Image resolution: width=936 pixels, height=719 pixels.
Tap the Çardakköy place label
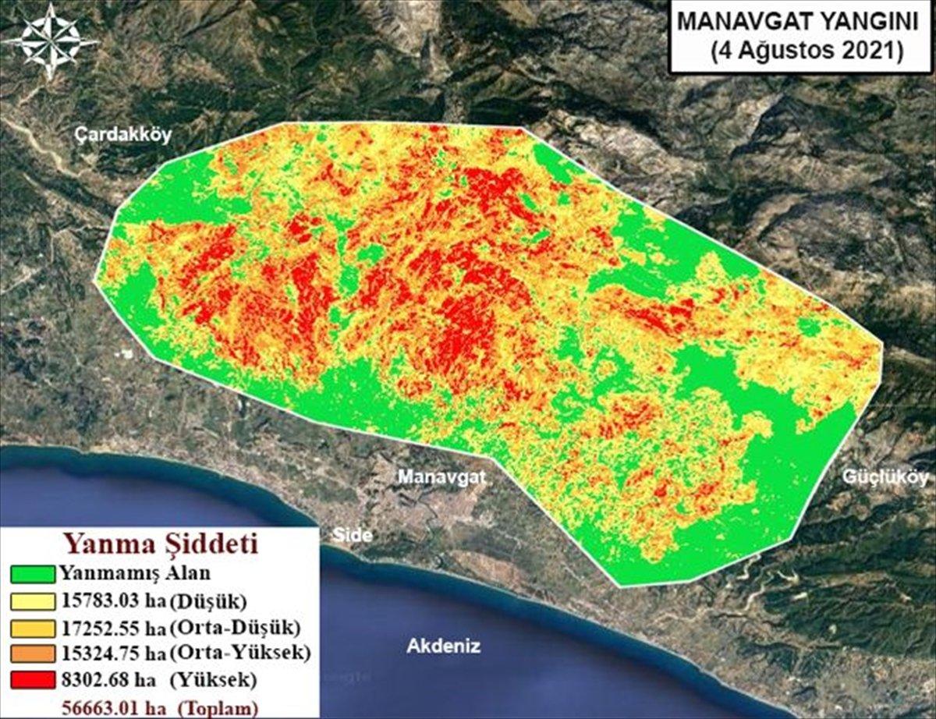tap(122, 136)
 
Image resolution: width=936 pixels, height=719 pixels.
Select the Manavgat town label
tap(442, 476)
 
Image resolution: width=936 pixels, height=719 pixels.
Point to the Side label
tap(353, 535)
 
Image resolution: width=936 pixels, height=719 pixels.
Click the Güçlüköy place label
tap(887, 478)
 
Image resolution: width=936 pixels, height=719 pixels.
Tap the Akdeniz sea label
tap(444, 646)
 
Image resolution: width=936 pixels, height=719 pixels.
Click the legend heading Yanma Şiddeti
tap(161, 542)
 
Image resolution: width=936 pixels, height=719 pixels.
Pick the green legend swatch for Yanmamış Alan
tap(33, 574)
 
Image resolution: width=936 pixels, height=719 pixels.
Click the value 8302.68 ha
tap(107, 680)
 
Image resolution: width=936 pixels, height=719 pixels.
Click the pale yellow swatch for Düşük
tap(33, 600)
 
